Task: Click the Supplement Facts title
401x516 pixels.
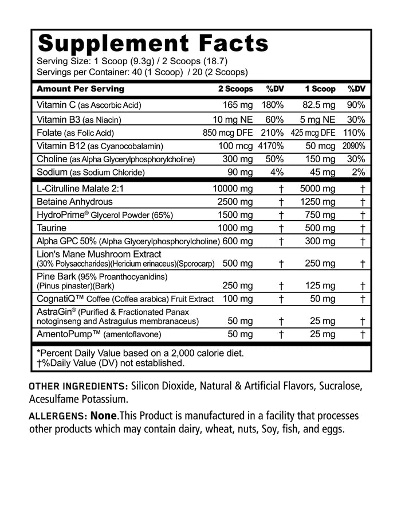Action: coord(152,43)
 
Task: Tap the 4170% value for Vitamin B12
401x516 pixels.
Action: coord(271,146)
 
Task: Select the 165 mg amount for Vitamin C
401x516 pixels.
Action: coord(238,105)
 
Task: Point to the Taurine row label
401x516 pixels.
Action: coord(53,228)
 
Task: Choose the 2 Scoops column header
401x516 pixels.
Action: coord(235,89)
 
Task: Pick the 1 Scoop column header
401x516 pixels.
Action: coord(320,89)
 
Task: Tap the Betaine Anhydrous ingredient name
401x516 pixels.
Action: coord(74,202)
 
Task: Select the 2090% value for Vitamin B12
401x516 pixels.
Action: coord(353,146)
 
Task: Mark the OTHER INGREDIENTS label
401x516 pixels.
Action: coord(78,385)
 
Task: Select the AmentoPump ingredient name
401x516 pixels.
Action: coord(66,334)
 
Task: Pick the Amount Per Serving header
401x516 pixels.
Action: coord(80,89)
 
